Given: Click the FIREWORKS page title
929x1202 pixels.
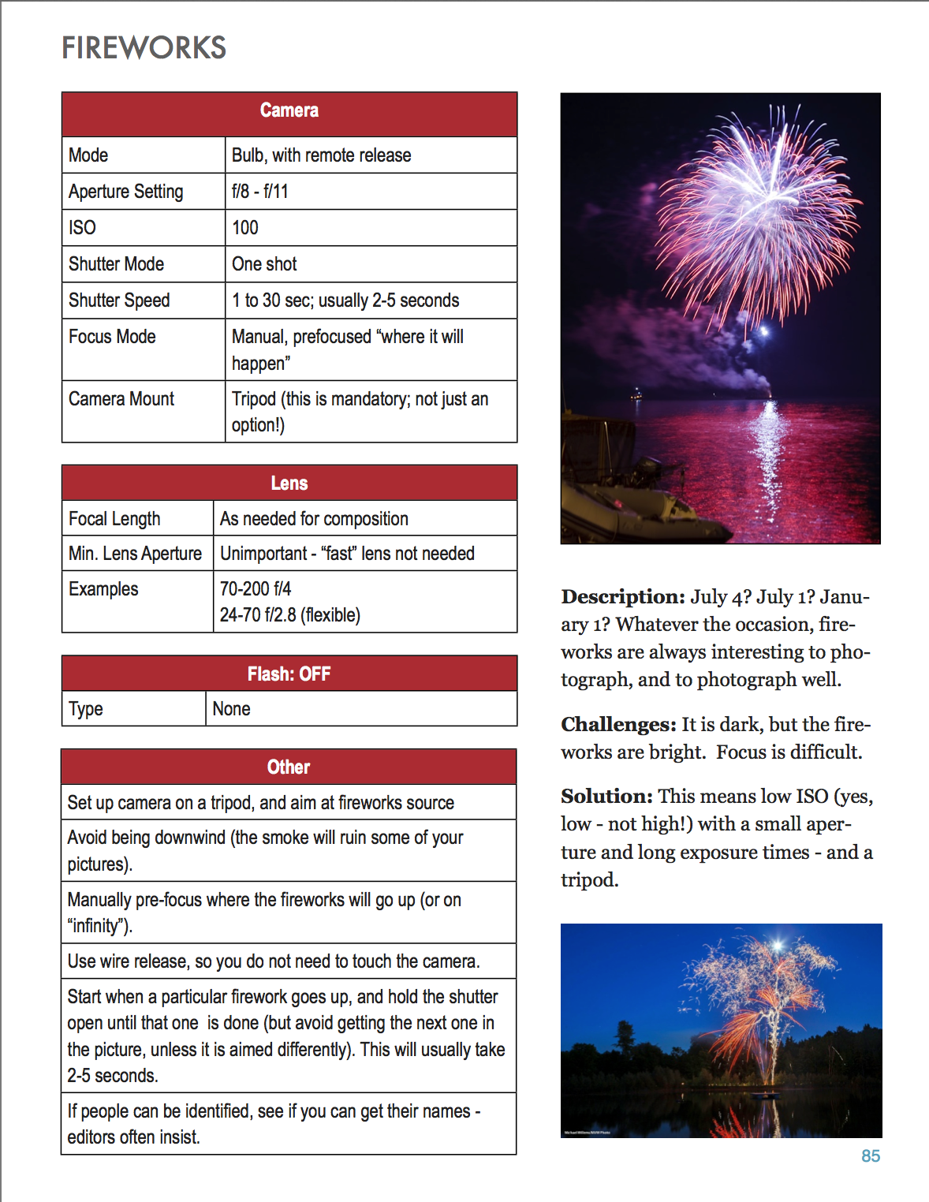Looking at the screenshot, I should [x=144, y=48].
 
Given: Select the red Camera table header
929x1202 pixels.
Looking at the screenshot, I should [x=289, y=111].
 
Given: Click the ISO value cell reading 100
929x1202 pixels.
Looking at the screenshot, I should [x=245, y=228].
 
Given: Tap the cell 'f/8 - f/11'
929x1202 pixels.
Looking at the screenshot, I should [x=260, y=192].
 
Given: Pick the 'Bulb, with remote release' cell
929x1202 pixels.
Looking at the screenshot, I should [x=321, y=155].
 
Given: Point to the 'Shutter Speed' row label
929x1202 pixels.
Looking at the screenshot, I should [x=119, y=300].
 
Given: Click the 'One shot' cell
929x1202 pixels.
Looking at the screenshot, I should [x=264, y=264].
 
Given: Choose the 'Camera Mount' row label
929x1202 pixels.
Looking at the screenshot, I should [x=121, y=399].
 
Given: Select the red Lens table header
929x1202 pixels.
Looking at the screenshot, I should [x=289, y=483].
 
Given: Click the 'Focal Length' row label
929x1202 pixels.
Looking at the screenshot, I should [x=114, y=519].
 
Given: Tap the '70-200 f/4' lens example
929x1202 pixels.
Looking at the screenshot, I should [x=256, y=589].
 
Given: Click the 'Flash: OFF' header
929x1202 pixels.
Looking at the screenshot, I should [x=289, y=674].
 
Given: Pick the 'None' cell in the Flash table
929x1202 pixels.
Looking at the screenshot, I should [x=232, y=709].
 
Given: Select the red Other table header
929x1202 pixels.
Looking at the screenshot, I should [x=289, y=767].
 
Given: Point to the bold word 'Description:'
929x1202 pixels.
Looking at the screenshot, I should [x=623, y=597].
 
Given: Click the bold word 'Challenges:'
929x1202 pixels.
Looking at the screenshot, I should [x=618, y=725].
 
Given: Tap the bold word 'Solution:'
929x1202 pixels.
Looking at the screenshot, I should [x=606, y=797].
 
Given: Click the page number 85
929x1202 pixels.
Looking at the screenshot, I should [x=871, y=1156].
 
